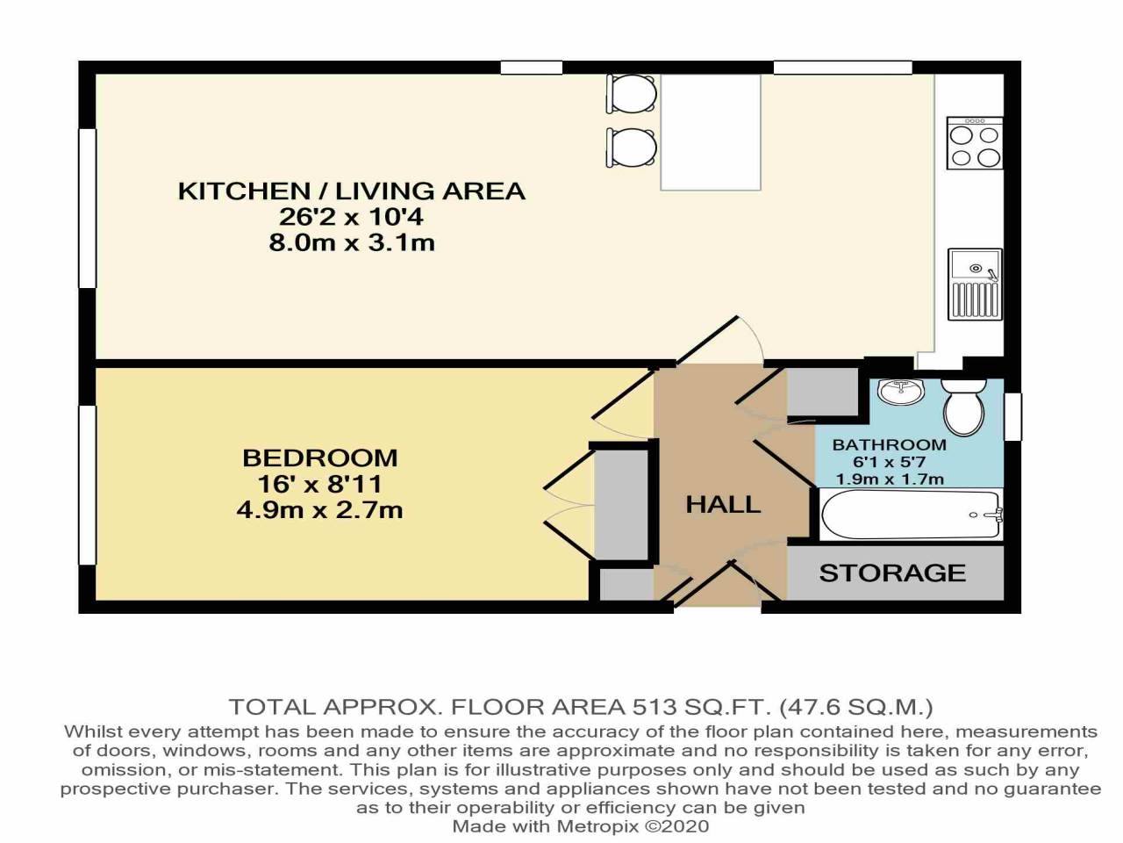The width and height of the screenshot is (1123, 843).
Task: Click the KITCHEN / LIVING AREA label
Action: pyautogui.click(x=351, y=191)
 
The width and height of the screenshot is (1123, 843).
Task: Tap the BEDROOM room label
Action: pyautogui.click(x=319, y=458)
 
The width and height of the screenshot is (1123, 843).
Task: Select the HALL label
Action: pyautogui.click(x=723, y=504)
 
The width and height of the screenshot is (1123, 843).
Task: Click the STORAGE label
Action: pyautogui.click(x=892, y=573)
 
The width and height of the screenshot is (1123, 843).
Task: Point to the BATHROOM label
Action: pyautogui.click(x=889, y=444)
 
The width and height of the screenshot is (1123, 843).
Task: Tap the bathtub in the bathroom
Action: pyautogui.click(x=911, y=515)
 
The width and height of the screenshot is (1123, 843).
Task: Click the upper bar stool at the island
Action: pyautogui.click(x=631, y=93)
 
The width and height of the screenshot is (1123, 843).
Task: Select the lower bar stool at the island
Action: pyautogui.click(x=631, y=147)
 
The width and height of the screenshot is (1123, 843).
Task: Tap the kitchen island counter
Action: pyautogui.click(x=710, y=132)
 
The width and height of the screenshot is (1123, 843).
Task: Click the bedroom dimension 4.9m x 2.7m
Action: pyautogui.click(x=319, y=509)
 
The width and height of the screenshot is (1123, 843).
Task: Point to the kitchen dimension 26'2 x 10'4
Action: pyautogui.click(x=351, y=216)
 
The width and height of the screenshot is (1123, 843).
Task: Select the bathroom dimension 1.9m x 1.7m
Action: pyautogui.click(x=889, y=479)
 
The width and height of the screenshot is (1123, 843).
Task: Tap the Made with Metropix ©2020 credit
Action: pyautogui.click(x=580, y=826)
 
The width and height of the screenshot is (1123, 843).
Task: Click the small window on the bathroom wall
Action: pyautogui.click(x=1013, y=416)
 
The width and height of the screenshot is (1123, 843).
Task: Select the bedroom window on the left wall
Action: pyautogui.click(x=87, y=484)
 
